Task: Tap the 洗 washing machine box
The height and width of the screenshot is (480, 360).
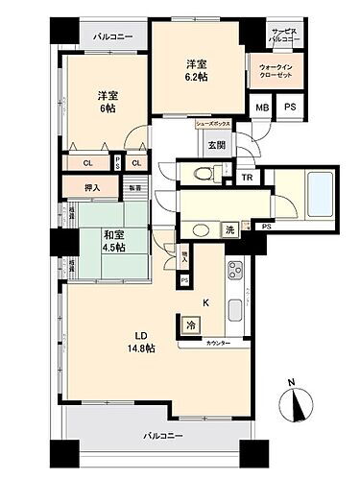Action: click(x=231, y=229)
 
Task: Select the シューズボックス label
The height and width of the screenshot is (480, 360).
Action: click(x=210, y=125)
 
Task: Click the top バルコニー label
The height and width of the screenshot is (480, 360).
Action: click(x=113, y=37)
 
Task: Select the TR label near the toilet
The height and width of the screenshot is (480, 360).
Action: click(x=247, y=178)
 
